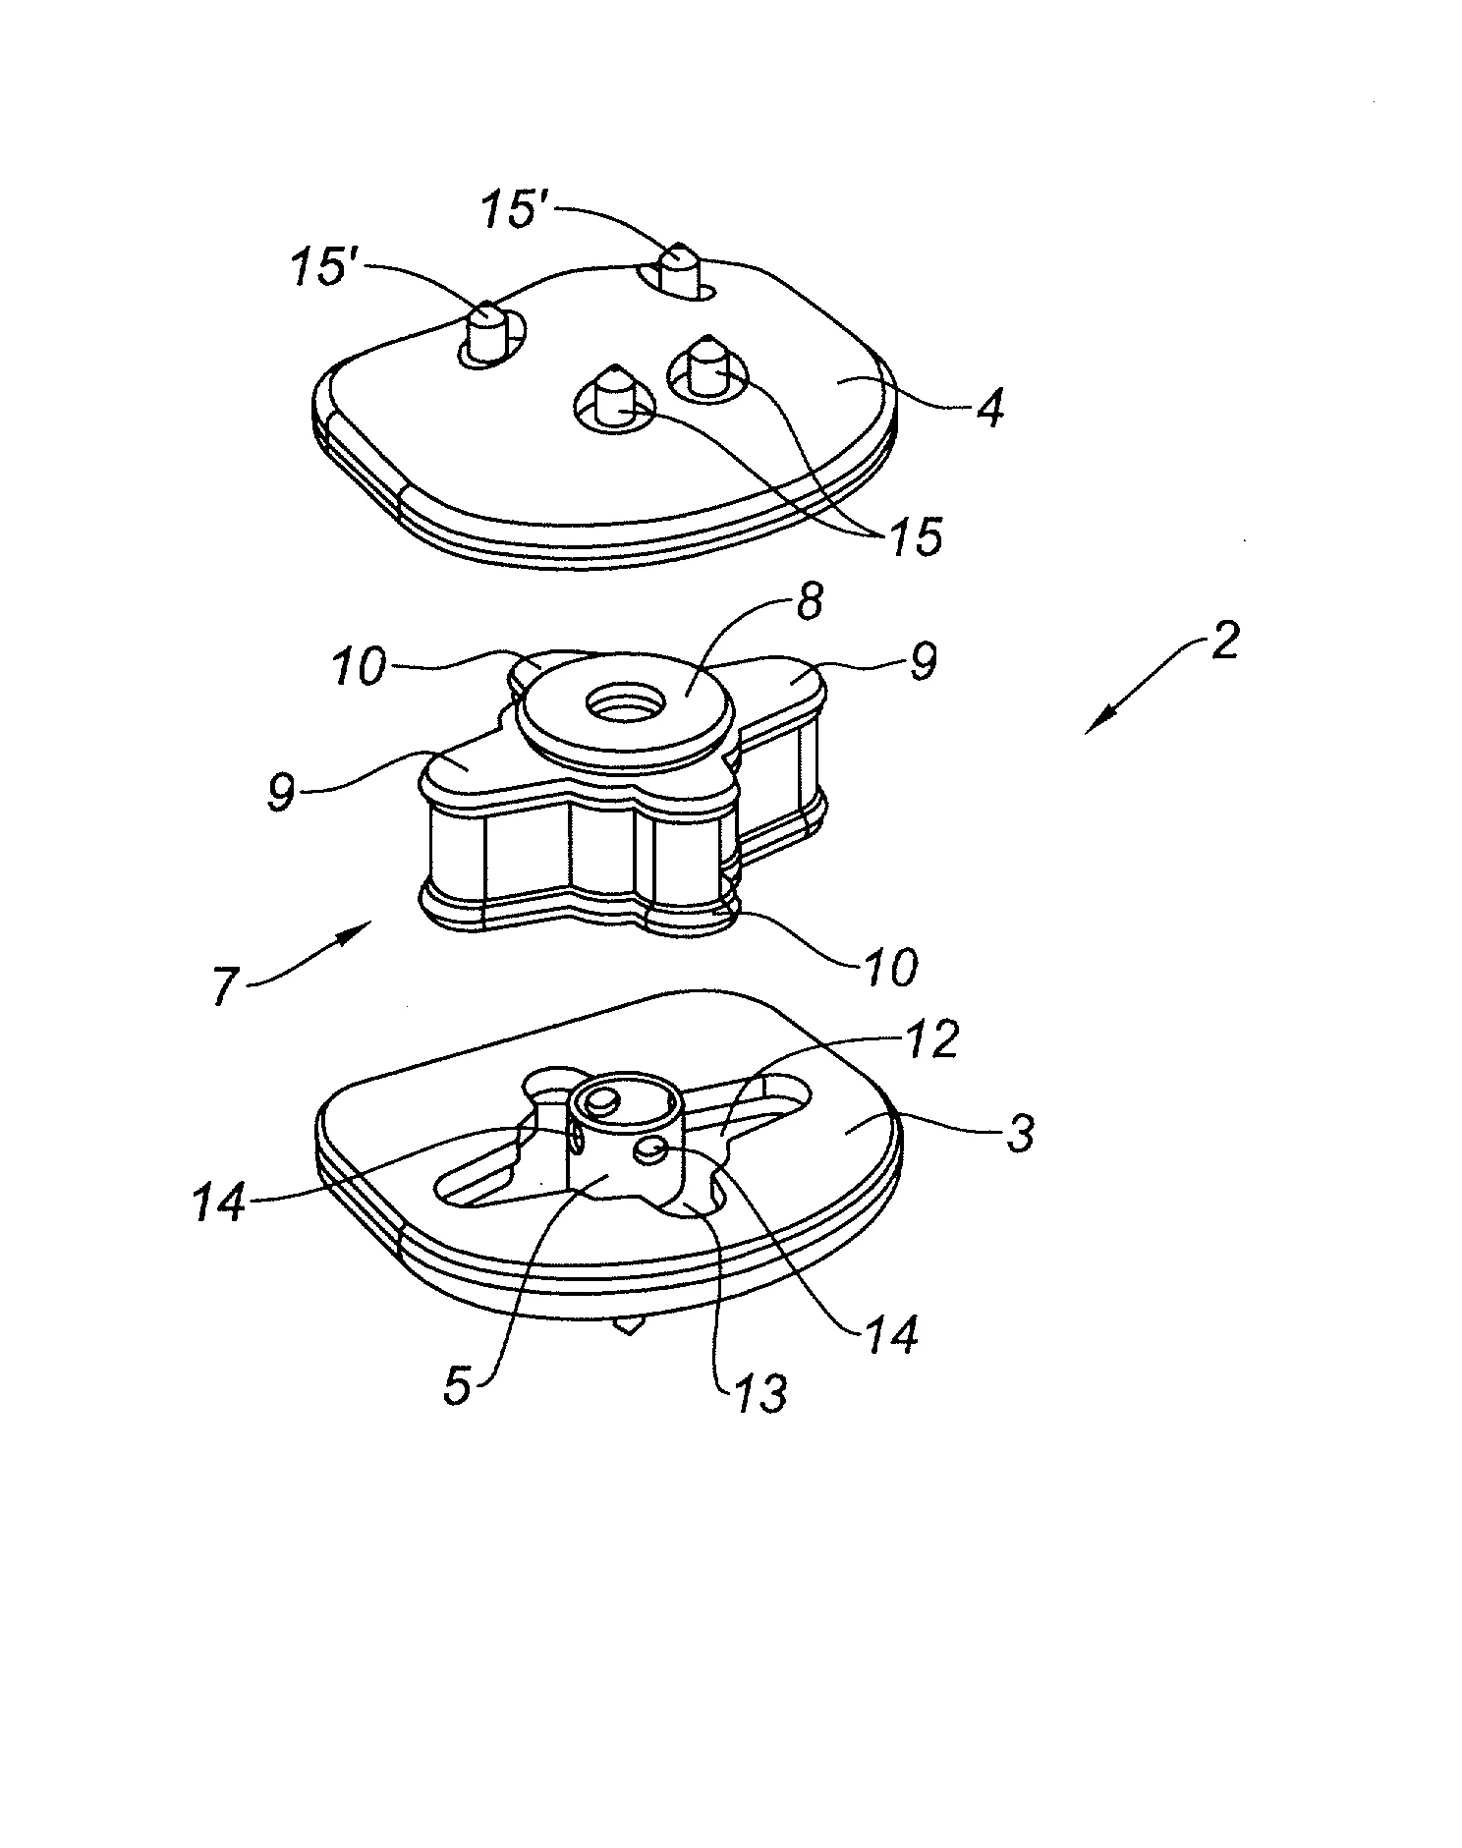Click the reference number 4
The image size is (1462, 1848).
point(988,407)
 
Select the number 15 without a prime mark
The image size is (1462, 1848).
point(914,536)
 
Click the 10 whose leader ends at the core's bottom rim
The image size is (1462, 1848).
point(890,966)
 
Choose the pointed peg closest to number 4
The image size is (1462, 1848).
point(706,365)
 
